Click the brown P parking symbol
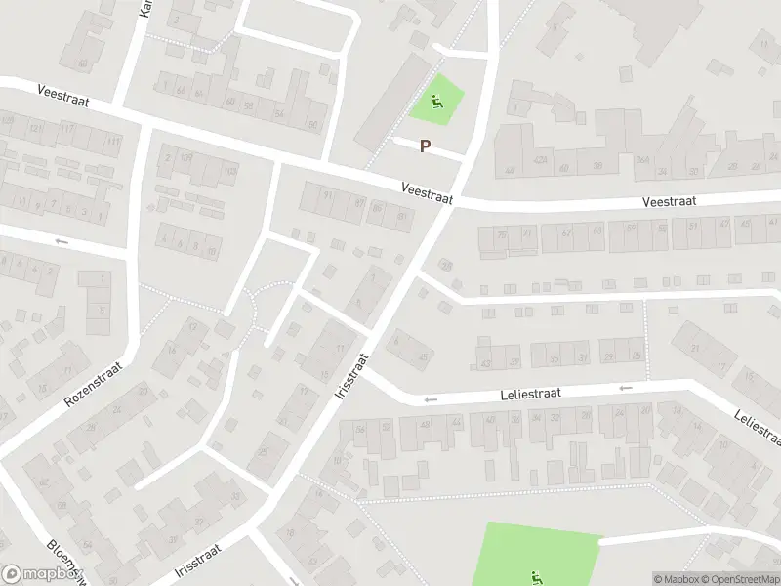pos(425,146)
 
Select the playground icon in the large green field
pos(535,576)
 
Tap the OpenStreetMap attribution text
pos(738,578)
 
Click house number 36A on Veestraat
pos(642,161)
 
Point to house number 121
pos(35,128)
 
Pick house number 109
pos(185,156)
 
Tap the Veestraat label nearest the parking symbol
pos(427,190)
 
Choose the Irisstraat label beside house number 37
pos(198,563)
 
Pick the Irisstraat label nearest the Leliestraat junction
pos(349,375)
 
